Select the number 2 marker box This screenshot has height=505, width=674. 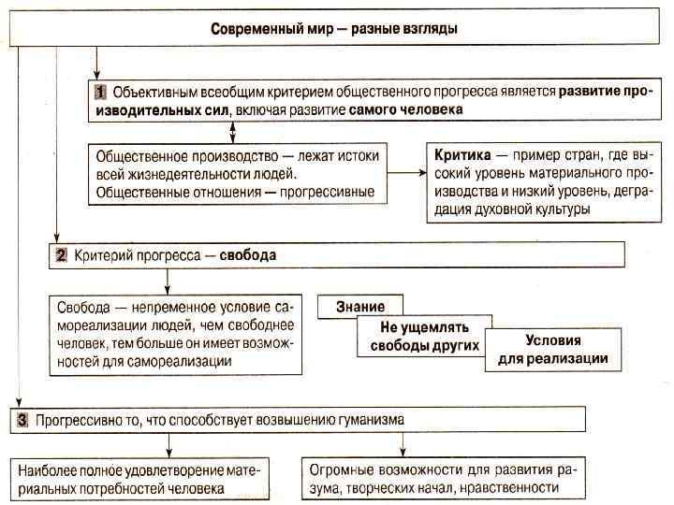tap(62, 254)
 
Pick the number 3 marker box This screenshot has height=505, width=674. tap(23, 420)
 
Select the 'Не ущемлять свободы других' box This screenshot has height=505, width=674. tap(425, 337)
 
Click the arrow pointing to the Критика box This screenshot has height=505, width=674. tap(405, 173)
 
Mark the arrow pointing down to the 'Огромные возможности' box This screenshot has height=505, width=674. tap(403, 445)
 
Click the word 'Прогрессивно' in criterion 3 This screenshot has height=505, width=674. tap(76, 420)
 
